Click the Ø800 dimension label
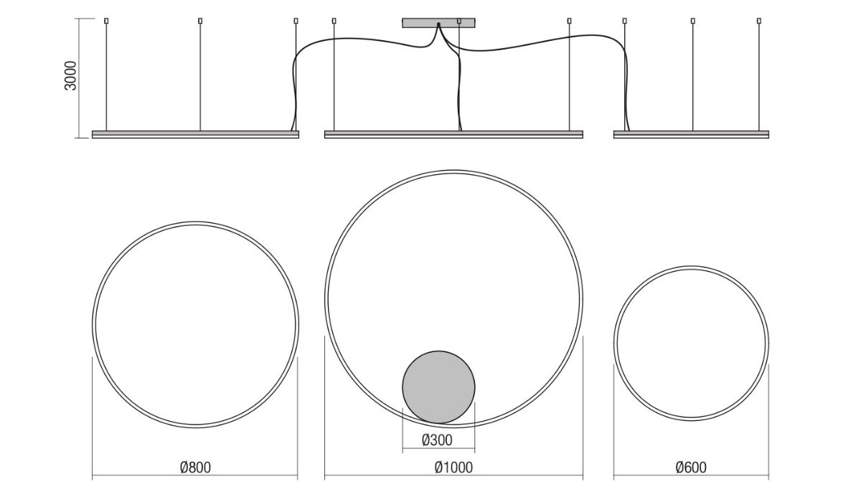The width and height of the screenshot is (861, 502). tap(195, 468)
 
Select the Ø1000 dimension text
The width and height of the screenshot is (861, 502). tap(453, 468)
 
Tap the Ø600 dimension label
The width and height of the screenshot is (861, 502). tap(691, 468)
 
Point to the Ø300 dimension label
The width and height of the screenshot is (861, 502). tap(437, 440)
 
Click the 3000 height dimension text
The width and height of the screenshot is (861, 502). tap(71, 76)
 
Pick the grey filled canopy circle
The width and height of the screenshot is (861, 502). tap(438, 387)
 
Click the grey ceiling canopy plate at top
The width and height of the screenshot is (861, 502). tap(438, 23)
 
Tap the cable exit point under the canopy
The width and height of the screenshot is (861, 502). tap(438, 24)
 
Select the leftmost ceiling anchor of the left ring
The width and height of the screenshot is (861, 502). tap(106, 21)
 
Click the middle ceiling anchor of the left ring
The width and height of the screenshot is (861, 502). tap(200, 21)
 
